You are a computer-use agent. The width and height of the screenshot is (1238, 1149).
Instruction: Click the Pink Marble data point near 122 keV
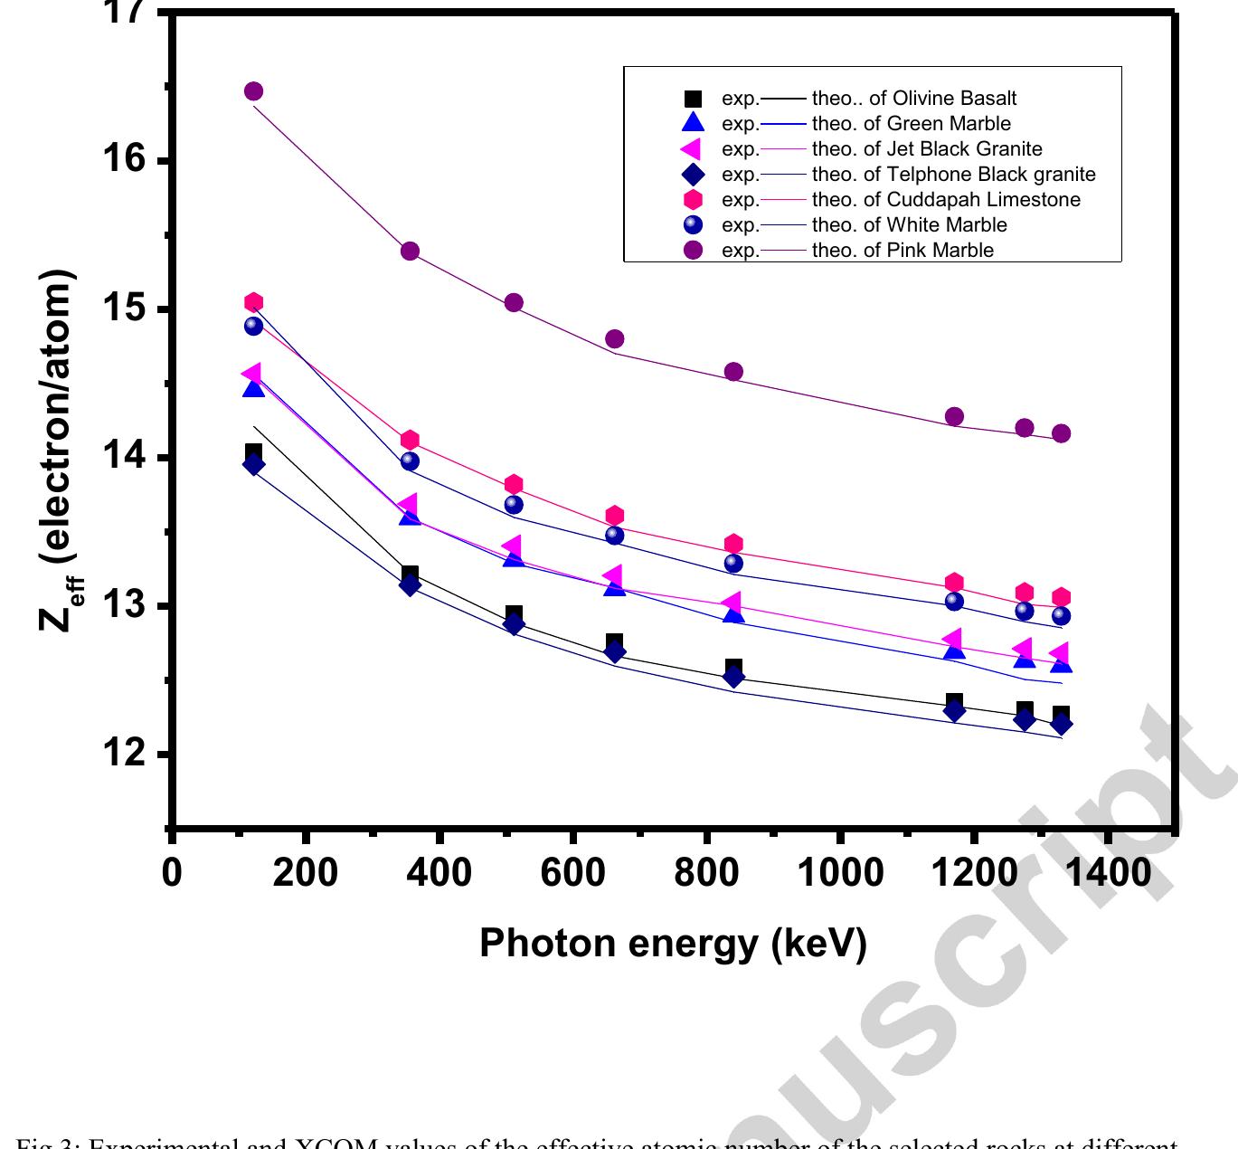pos(253,91)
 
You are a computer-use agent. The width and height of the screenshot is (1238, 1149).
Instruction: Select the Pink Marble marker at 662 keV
pos(614,339)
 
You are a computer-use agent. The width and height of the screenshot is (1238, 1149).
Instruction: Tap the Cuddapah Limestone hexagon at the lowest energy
pos(253,302)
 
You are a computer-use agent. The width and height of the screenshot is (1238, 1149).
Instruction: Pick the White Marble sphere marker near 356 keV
pos(410,461)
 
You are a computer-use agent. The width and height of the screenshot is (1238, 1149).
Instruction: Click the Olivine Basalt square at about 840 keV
pos(733,669)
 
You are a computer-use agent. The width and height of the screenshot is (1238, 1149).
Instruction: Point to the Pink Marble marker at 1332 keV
pos(1061,433)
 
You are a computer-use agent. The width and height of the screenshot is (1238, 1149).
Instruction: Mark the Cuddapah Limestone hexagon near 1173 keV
pos(954,583)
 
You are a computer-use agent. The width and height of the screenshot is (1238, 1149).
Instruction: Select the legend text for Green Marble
pos(911,124)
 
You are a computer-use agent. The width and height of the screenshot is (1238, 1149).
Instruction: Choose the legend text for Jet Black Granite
pos(926,149)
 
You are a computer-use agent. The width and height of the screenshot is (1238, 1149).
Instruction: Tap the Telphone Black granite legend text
pos(953,175)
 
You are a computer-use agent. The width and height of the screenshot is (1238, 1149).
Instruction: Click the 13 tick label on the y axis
pos(126,606)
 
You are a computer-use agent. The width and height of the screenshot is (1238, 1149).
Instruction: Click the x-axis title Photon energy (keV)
pos(673,943)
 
